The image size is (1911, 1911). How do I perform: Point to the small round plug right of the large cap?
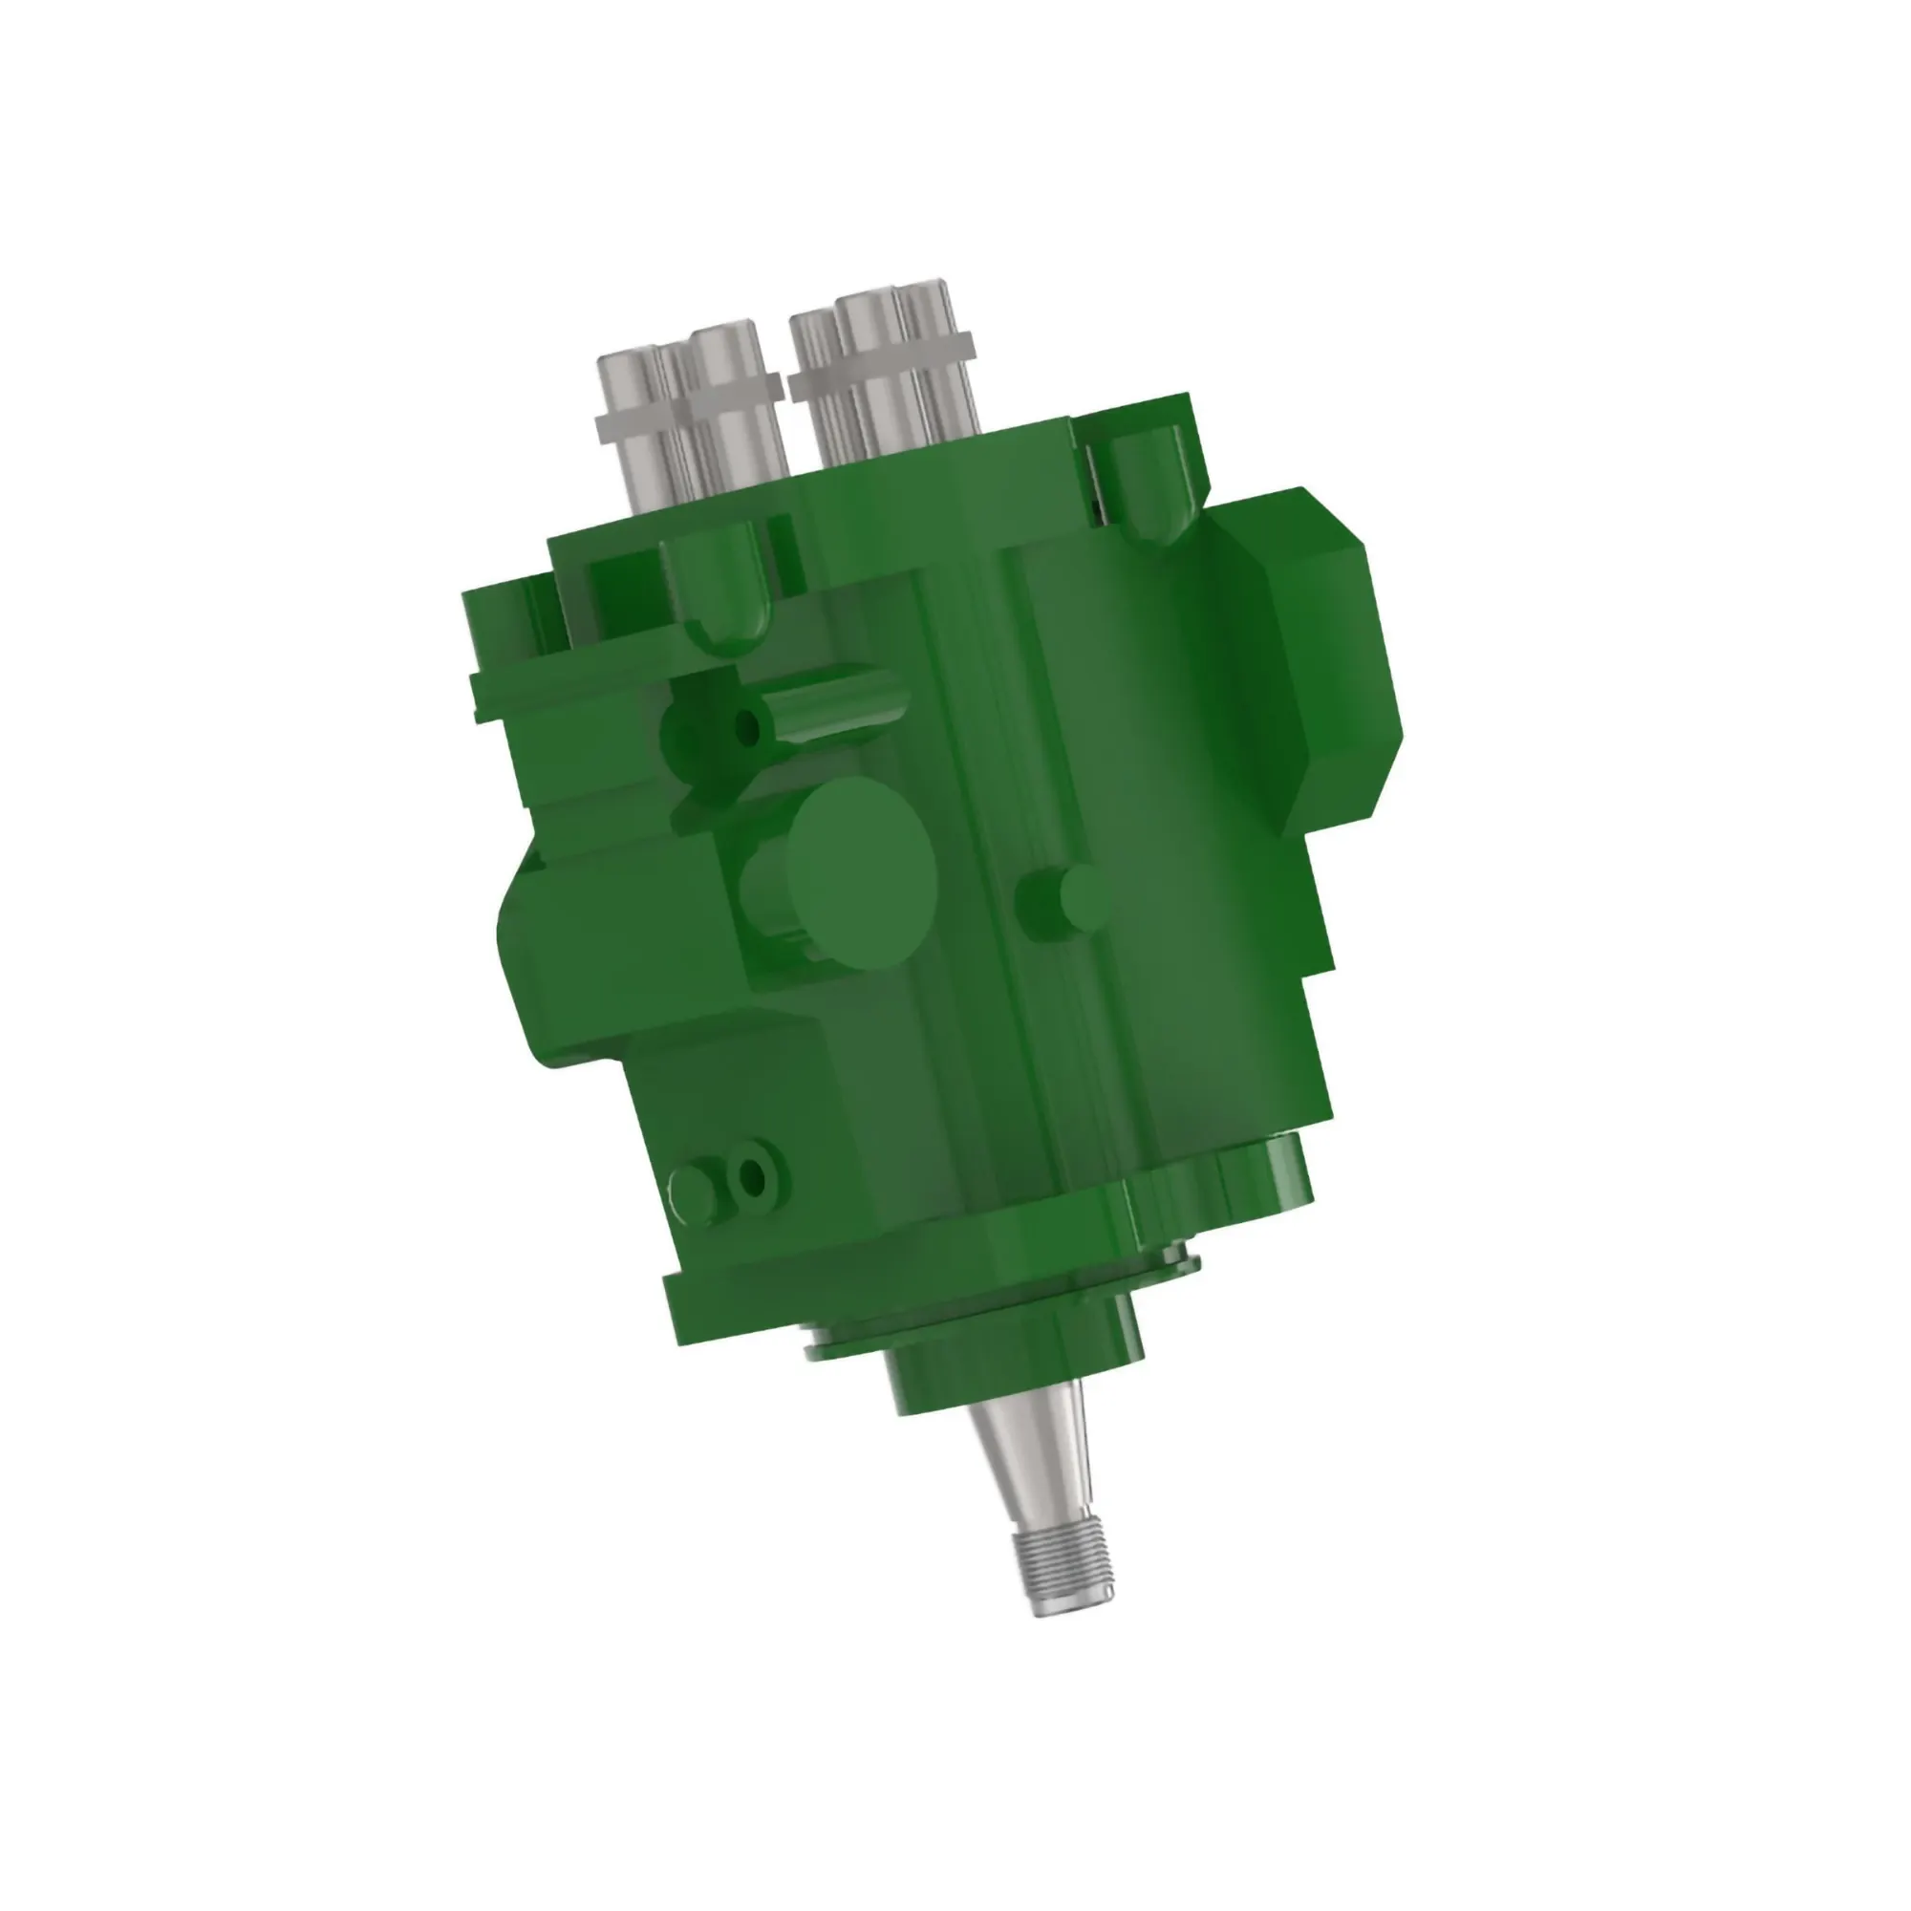click(x=1074, y=900)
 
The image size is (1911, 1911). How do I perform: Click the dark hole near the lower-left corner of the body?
click(x=753, y=1176)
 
